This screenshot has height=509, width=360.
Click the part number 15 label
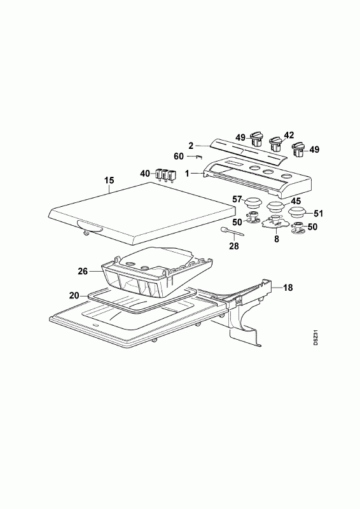click(x=109, y=181)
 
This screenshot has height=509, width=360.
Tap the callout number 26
click(x=83, y=271)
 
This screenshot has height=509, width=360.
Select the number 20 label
click(x=74, y=295)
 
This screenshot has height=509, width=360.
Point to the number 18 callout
click(x=287, y=288)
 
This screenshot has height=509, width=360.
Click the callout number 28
click(x=233, y=246)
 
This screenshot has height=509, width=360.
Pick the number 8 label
click(x=276, y=240)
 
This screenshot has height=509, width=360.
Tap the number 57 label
click(x=238, y=199)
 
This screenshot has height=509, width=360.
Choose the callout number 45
click(x=295, y=202)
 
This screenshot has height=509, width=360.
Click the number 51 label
click(x=318, y=213)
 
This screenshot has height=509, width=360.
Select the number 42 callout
click(x=289, y=135)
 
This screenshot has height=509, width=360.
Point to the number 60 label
click(x=179, y=157)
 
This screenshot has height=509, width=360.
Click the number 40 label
click(x=145, y=174)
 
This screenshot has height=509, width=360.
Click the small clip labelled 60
click(x=198, y=157)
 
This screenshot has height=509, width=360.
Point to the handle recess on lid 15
click(x=90, y=226)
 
